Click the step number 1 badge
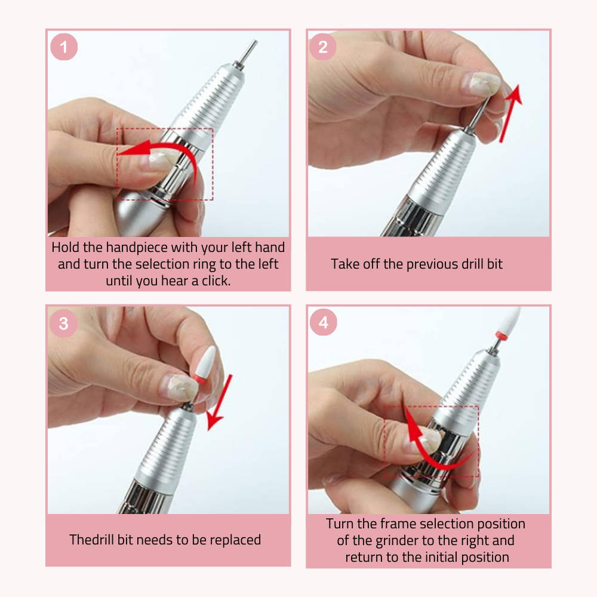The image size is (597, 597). point(64,47)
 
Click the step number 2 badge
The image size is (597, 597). point(322,47)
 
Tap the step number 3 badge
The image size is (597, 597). point(64,323)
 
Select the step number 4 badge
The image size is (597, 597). point(323,322)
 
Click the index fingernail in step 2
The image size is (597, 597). point(481,83)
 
